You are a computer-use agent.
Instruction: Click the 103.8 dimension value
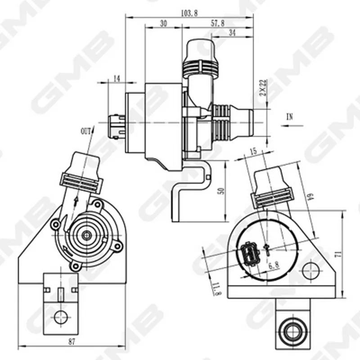(189, 13)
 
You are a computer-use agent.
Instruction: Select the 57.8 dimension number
(217, 23)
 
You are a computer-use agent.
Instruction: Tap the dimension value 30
(163, 23)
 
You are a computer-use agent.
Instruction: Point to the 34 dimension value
(232, 33)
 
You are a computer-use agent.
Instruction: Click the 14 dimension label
(117, 79)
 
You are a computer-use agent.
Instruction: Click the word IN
(290, 117)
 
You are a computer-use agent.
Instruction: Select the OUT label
(85, 131)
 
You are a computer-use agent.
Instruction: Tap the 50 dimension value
(221, 191)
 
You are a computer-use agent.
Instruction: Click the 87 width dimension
(72, 342)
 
